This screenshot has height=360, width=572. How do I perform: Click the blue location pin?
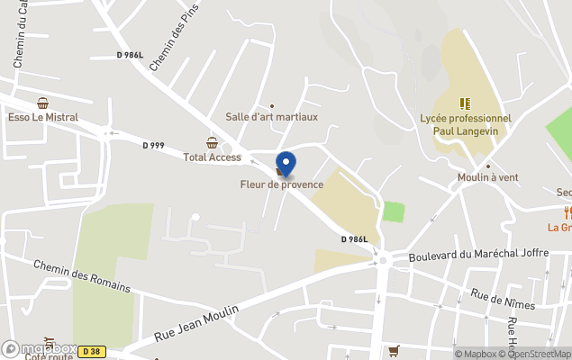(286, 164)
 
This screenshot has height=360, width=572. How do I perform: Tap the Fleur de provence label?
(281, 185)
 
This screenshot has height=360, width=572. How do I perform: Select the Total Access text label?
(212, 157)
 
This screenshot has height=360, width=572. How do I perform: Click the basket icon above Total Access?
(212, 143)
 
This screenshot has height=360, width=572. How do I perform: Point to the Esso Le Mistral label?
(43, 117)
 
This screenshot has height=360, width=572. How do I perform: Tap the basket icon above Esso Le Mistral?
(42, 103)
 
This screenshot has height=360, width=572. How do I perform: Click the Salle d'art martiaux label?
(271, 117)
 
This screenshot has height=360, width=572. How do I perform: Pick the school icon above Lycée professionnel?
(465, 103)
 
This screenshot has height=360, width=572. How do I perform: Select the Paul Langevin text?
(465, 130)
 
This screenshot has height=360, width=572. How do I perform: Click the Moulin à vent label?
(488, 177)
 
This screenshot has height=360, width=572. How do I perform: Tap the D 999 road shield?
(154, 145)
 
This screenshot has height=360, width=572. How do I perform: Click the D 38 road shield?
(90, 351)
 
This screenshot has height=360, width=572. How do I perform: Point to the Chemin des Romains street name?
(82, 276)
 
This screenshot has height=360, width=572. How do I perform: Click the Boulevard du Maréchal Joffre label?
(478, 254)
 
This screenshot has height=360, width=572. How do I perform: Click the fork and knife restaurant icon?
(567, 213)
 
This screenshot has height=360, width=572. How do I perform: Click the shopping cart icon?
(394, 350)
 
